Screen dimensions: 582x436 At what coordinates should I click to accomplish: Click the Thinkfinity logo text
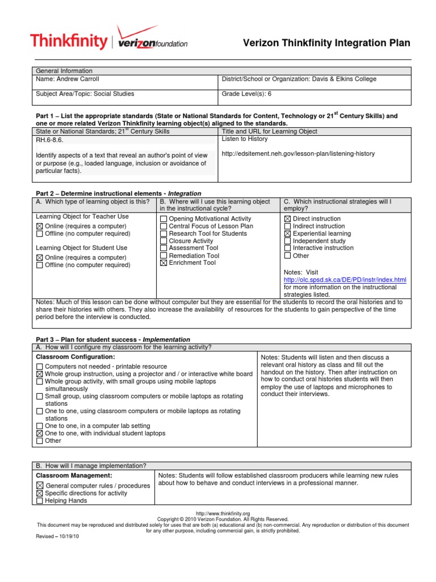[68, 41]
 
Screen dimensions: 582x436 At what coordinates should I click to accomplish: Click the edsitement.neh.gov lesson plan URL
[298, 153]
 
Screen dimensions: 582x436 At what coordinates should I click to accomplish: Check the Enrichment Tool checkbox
[163, 263]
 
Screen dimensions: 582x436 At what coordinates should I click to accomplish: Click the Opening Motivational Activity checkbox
[163, 219]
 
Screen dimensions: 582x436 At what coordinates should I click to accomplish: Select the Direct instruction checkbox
[287, 219]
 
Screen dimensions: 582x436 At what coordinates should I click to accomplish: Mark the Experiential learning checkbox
[287, 234]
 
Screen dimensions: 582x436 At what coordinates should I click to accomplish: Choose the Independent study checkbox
[287, 241]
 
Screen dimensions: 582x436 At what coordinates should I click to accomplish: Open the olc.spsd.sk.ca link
[345, 280]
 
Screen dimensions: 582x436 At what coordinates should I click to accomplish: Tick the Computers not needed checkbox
[39, 367]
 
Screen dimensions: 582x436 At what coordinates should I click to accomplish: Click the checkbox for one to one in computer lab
[39, 426]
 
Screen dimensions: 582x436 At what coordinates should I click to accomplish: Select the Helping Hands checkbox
[39, 501]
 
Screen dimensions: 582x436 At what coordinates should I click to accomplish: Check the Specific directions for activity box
[39, 493]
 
